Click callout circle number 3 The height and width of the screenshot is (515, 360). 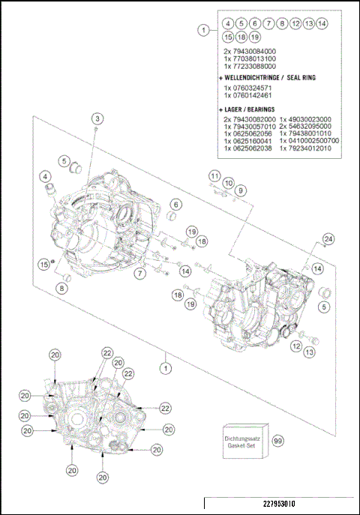pos(98,118)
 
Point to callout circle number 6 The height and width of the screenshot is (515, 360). pos(175,204)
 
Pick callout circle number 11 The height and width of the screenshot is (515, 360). pos(214,175)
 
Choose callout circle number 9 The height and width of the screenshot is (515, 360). pos(241,190)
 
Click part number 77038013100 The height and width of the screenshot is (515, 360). pos(250,58)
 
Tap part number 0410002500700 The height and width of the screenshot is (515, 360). pos(309,140)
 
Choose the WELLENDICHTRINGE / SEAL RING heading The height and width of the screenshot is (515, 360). pos(264,77)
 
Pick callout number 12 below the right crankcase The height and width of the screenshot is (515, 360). pos(296,346)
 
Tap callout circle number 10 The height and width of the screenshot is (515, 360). pos(228,183)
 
